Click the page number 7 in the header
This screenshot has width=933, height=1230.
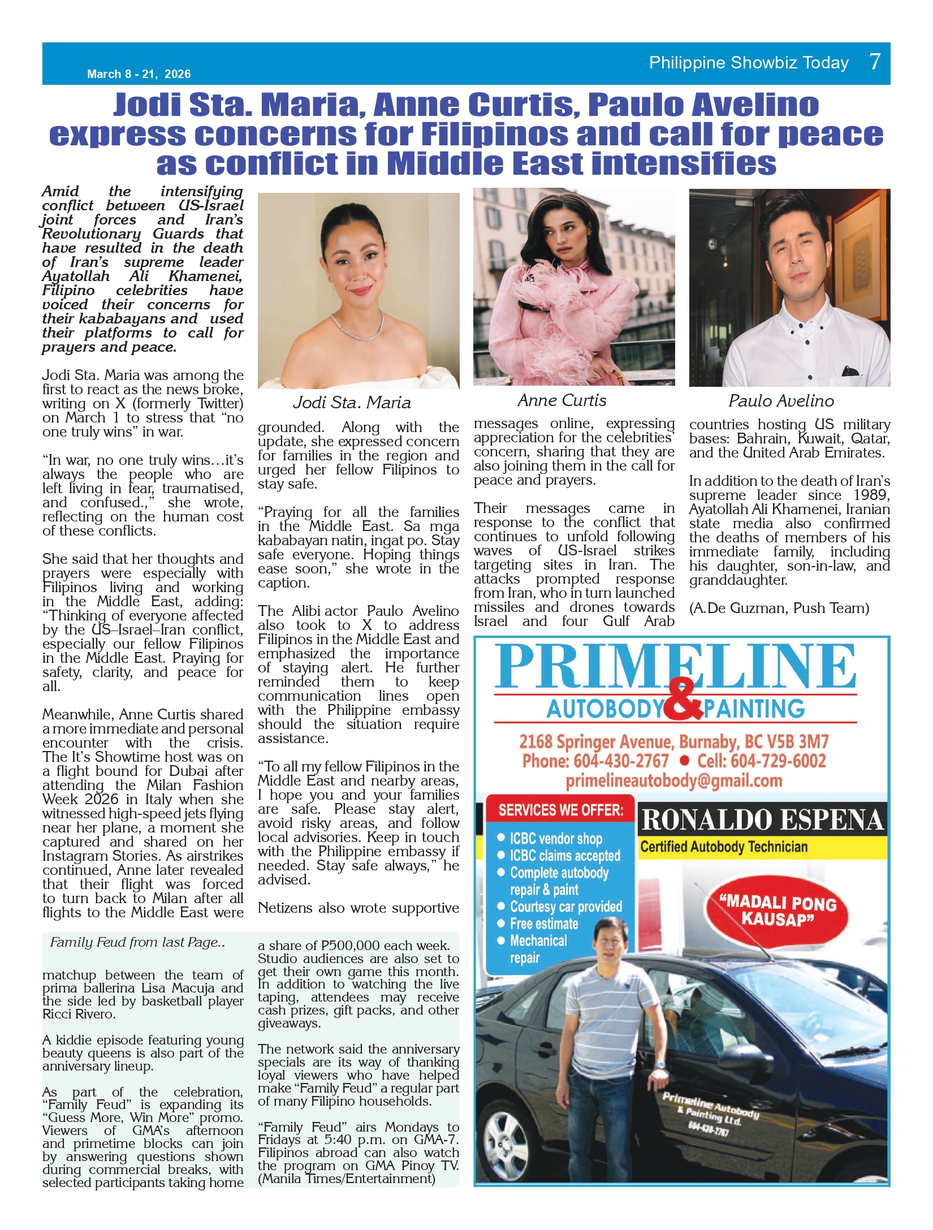coord(874,61)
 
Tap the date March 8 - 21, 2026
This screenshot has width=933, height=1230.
coord(139,74)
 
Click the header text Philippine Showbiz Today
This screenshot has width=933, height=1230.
coord(748,62)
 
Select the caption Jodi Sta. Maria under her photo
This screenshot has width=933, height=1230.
coord(352,403)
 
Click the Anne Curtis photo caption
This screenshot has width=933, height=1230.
coord(561,400)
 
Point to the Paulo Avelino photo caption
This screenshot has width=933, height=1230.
coord(781,401)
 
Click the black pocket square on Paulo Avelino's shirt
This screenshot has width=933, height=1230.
coord(850,372)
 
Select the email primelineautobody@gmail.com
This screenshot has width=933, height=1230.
coord(673,781)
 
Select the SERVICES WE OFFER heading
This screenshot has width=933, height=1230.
coord(560,810)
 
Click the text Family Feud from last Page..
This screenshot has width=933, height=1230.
coord(137,942)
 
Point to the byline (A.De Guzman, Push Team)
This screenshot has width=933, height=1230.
coord(779,608)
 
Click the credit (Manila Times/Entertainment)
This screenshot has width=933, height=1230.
coord(347,1179)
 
